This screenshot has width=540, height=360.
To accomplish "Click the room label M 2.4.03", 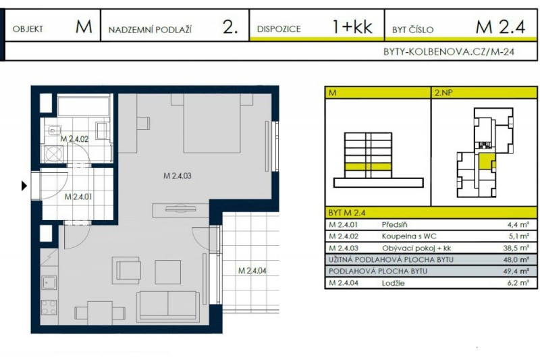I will (178, 176).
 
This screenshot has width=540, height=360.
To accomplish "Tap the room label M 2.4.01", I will (78, 197).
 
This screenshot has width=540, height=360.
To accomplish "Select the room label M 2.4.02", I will (74, 139).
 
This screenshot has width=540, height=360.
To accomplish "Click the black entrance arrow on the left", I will (25, 185).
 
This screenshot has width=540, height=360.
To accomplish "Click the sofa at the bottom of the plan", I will (167, 305).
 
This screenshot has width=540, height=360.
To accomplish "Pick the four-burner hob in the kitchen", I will (49, 307).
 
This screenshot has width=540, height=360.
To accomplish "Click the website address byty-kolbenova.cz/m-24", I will (449, 51).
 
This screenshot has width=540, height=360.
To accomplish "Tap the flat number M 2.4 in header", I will (500, 28).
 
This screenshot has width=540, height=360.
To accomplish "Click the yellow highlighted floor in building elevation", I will (368, 166).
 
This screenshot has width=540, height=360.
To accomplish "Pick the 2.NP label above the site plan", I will (443, 93).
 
